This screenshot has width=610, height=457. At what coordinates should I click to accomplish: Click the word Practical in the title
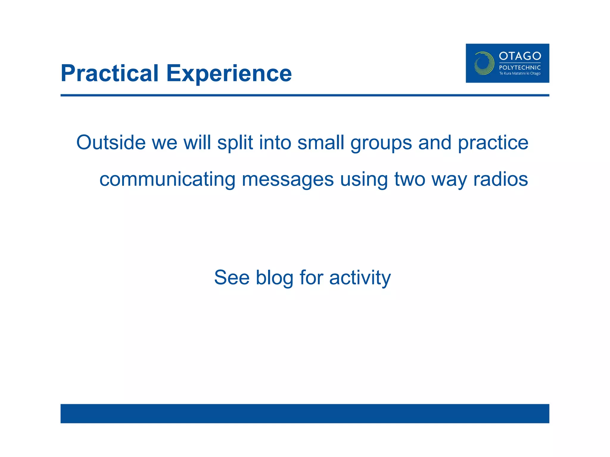pyautogui.click(x=109, y=73)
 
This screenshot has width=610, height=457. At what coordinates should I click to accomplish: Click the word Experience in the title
pyautogui.click(x=229, y=73)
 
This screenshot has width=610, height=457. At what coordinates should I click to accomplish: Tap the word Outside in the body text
pyautogui.click(x=111, y=143)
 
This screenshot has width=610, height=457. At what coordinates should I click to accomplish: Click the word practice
pyautogui.click(x=493, y=143)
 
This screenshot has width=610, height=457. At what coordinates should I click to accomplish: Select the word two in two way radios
pyautogui.click(x=410, y=180)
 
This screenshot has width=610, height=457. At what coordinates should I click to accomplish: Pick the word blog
pyautogui.click(x=274, y=278)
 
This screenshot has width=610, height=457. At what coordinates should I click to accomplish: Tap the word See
pyautogui.click(x=232, y=277)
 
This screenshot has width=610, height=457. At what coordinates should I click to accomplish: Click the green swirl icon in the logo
pyautogui.click(x=484, y=63)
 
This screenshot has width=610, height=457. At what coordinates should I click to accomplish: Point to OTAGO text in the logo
pyautogui.click(x=520, y=56)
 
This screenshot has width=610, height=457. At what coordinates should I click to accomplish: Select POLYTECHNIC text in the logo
pyautogui.click(x=520, y=68)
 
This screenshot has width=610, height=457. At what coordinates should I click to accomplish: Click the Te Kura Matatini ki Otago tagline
pyautogui.click(x=520, y=73)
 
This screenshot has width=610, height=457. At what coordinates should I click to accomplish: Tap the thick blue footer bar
pyautogui.click(x=305, y=413)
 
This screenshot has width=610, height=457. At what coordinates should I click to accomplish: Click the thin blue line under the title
pyautogui.click(x=305, y=95)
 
